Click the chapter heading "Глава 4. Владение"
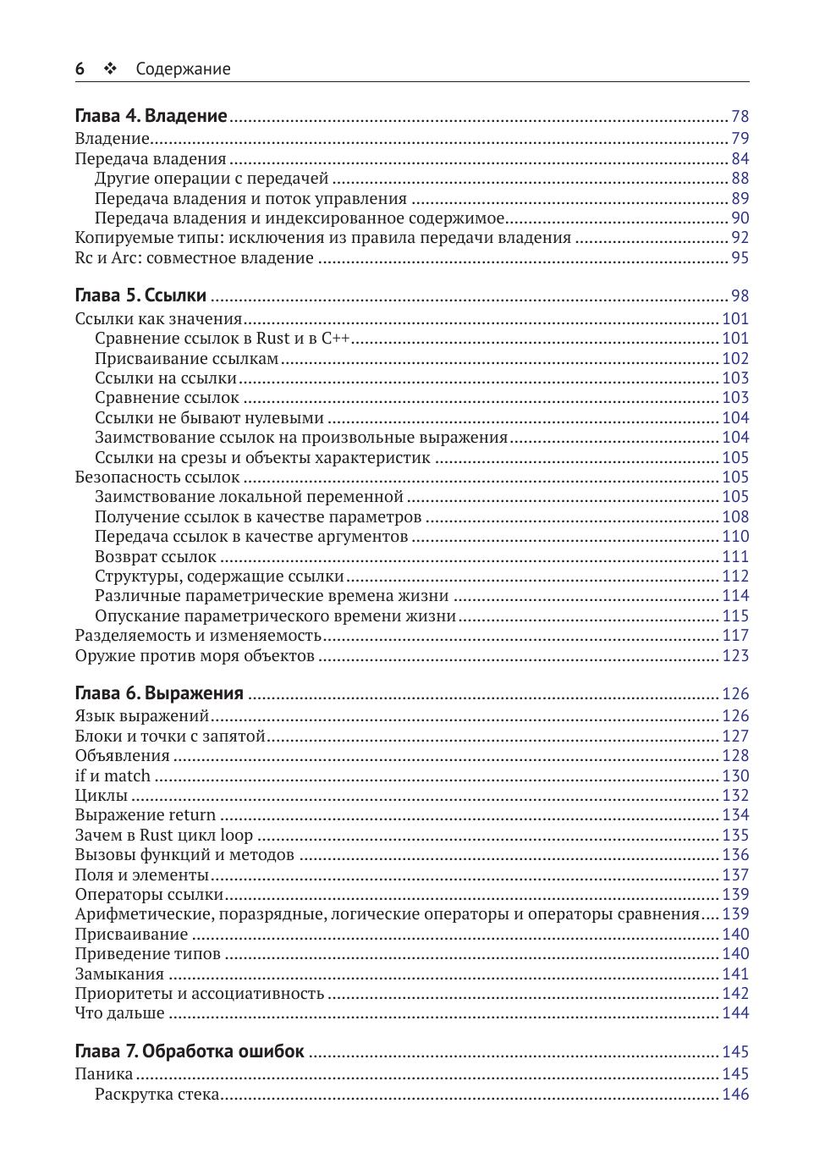click(151, 116)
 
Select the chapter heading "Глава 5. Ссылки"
click(140, 295)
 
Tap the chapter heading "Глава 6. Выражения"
click(159, 693)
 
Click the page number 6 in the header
click(80, 69)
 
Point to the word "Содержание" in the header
click(183, 69)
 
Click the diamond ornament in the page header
click(110, 69)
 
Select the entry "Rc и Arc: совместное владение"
click(194, 258)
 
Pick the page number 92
click(740, 238)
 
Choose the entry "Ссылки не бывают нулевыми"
click(209, 417)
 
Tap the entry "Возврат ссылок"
click(156, 556)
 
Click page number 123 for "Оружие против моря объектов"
click(735, 655)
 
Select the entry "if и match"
click(113, 775)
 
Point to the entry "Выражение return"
click(145, 814)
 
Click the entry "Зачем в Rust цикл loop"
click(163, 835)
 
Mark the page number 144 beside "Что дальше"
click(735, 1012)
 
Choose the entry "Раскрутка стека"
click(157, 1094)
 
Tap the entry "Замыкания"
click(119, 974)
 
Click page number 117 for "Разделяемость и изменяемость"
click(735, 635)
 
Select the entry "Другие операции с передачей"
click(212, 179)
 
